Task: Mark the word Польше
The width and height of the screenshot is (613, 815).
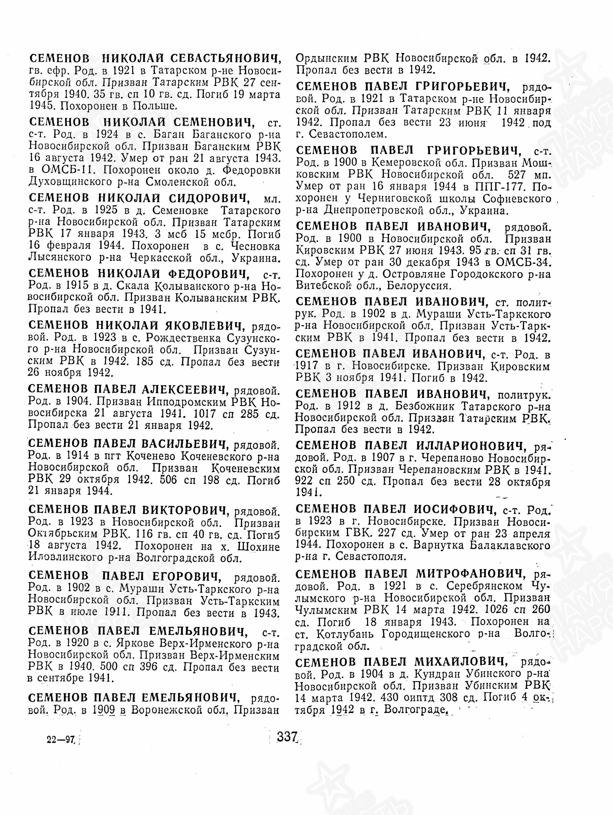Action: click(155, 106)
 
